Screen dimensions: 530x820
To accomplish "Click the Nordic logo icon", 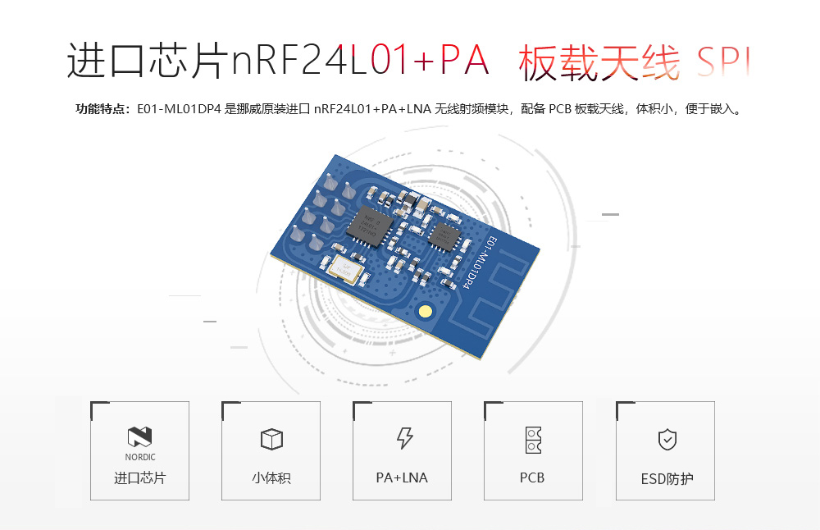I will [x=140, y=437].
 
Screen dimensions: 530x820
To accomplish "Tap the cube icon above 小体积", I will [x=271, y=439].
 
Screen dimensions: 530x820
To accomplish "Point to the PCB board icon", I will [x=533, y=440].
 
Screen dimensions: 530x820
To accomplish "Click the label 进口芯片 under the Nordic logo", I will [x=139, y=477].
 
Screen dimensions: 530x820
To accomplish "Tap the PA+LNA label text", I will [x=402, y=477].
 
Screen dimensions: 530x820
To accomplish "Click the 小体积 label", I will [x=271, y=477].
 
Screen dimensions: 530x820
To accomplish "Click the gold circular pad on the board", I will [x=425, y=311].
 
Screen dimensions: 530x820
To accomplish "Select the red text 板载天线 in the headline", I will [x=599, y=62].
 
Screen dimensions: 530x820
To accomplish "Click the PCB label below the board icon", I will [x=532, y=477].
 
